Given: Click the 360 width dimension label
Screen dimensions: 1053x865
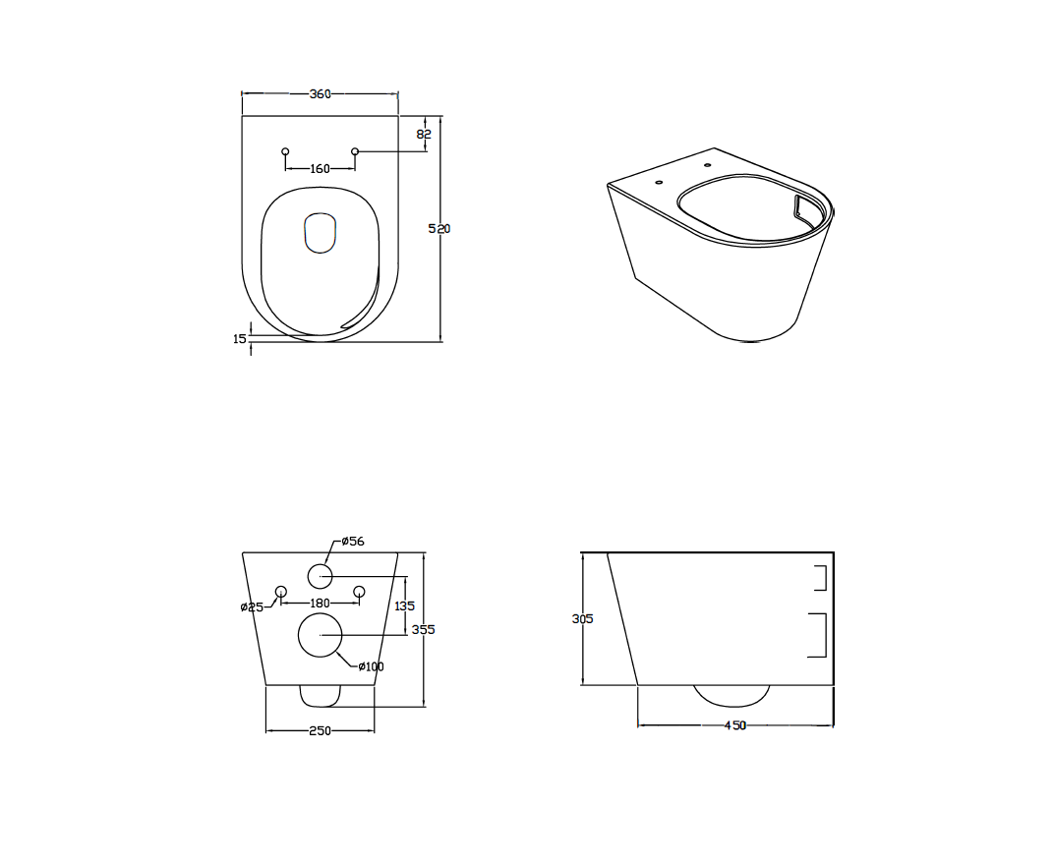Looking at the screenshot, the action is pos(321,94).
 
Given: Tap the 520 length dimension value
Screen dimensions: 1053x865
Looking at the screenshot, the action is pos(439,228).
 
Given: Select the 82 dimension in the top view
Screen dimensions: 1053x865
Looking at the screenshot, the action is pos(424,134).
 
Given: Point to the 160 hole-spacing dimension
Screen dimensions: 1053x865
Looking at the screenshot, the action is pos(321,168).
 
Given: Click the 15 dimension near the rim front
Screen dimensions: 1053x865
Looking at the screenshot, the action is pos(240,339).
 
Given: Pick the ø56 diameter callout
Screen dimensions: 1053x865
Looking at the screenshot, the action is pos(353,541).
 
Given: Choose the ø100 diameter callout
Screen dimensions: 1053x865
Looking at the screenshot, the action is pos(372,666).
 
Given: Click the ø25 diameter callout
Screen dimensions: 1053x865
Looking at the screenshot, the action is pos(252,607).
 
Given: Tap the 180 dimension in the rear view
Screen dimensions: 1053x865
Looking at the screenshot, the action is pos(321,604).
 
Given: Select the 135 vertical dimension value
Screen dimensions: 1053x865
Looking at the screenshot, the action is pos(404,605).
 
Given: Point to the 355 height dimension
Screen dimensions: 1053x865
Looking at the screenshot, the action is pos(423,629).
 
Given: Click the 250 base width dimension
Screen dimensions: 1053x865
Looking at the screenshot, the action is pos(321,730).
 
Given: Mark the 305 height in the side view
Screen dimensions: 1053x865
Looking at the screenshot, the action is pos(583,618).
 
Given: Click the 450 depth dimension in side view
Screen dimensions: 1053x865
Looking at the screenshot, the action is pos(735,725).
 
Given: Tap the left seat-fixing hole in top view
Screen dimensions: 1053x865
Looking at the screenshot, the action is pos(285,151).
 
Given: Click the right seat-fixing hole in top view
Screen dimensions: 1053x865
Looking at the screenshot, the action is pos(355,151).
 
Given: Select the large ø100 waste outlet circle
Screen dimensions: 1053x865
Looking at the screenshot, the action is pos(321,635).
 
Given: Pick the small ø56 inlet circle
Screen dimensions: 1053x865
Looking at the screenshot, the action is pos(321,576).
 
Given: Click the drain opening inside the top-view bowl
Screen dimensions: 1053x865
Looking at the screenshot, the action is pos(321,233).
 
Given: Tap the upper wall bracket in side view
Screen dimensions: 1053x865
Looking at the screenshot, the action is pos(820,578).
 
